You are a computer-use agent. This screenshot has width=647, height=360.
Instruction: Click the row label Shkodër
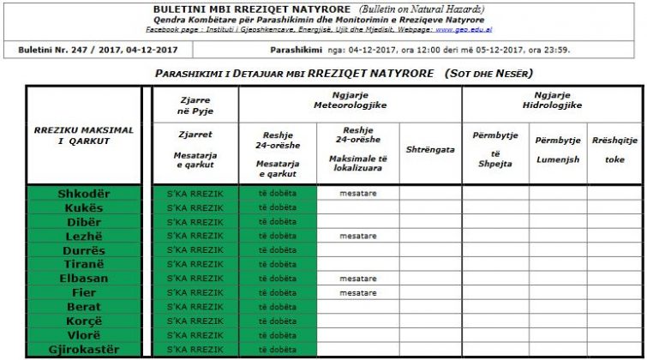84,194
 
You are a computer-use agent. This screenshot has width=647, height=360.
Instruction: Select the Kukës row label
84,207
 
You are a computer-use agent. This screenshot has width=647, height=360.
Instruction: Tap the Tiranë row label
84,264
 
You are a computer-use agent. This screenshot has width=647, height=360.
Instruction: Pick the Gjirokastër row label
84,349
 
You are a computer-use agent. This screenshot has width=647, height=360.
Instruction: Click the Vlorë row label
84,335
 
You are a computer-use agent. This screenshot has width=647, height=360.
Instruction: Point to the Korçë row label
84,321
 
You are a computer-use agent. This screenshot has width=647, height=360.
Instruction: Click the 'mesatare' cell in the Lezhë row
357,236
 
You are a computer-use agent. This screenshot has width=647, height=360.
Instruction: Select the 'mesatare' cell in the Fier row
357,292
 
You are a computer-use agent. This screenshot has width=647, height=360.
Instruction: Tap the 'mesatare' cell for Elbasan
357,279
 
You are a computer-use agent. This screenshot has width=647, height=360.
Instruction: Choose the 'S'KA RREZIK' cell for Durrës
195,250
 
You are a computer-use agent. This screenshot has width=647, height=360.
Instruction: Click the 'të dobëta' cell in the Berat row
277,307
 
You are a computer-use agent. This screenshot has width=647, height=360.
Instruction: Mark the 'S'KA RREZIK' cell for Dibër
195,222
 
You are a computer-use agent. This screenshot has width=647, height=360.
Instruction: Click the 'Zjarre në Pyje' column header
195,105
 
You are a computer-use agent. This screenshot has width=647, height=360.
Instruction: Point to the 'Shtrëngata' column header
430,149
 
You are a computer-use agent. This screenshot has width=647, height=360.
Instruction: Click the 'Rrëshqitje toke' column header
614,149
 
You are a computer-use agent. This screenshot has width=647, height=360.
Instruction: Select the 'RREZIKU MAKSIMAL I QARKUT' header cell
84,135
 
